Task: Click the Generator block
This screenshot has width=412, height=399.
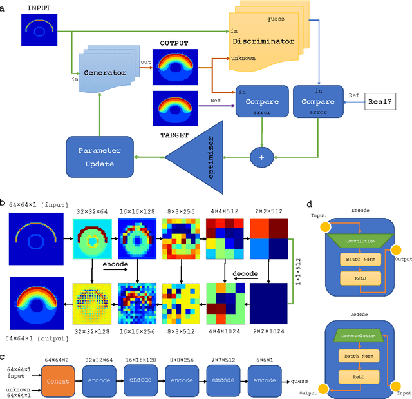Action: pos(105,72)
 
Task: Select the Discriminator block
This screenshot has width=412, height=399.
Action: pos(264,41)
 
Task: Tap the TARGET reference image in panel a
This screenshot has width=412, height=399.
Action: pos(171,108)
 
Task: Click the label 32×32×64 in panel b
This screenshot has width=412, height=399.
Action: pos(91,210)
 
